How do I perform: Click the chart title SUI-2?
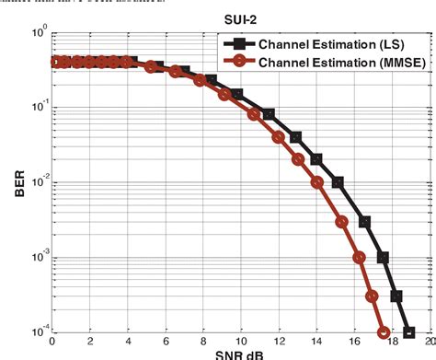pyautogui.click(x=238, y=18)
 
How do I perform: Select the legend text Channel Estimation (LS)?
pyautogui.click(x=335, y=44)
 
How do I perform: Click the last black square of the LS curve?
pyautogui.click(x=408, y=332)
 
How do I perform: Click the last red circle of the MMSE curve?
pyautogui.click(x=384, y=332)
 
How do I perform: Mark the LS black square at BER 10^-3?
pyautogui.click(x=384, y=258)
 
